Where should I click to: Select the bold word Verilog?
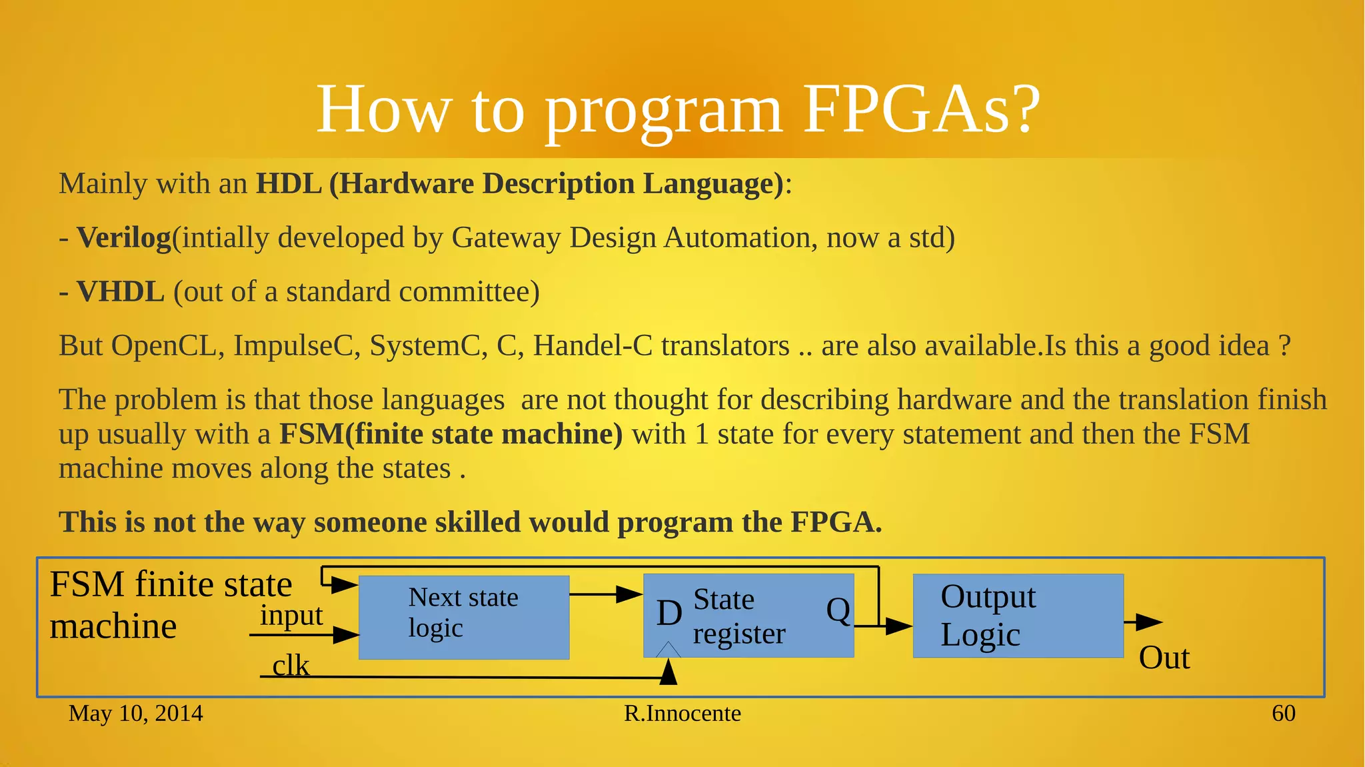124,238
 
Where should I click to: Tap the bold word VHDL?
121,292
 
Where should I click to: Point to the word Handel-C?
593,346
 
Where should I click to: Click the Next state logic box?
464,617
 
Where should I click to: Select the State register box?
748,616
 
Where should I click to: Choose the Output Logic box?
1018,616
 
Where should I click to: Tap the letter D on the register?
669,613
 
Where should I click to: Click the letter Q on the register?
838,610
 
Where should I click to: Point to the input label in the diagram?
291,615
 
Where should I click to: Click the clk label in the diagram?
291,665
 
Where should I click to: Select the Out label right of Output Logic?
1164,658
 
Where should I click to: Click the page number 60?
1283,714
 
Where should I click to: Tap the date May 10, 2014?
135,714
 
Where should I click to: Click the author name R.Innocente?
682,714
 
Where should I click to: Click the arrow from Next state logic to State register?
607,594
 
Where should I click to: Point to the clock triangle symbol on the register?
669,650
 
